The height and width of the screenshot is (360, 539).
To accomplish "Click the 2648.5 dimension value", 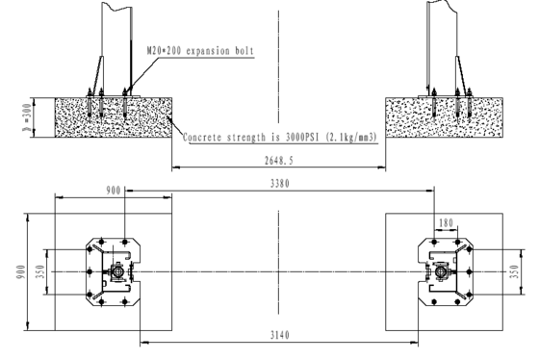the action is pyautogui.click(x=279, y=161).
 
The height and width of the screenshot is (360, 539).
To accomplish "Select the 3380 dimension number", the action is pyautogui.click(x=280, y=184).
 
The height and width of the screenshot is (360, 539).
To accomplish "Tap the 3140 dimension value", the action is pyautogui.click(x=280, y=335).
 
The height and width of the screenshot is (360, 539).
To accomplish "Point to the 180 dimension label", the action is pyautogui.click(x=447, y=223).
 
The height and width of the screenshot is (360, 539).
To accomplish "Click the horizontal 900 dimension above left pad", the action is pyautogui.click(x=114, y=191).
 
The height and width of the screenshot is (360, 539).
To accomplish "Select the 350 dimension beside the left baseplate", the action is pyautogui.click(x=40, y=271).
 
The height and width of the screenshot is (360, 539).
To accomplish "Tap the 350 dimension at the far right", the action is pyautogui.click(x=514, y=271).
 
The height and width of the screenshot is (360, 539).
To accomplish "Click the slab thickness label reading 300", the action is pyautogui.click(x=27, y=117).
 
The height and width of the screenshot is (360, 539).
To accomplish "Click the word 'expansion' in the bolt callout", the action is pyautogui.click(x=208, y=51).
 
